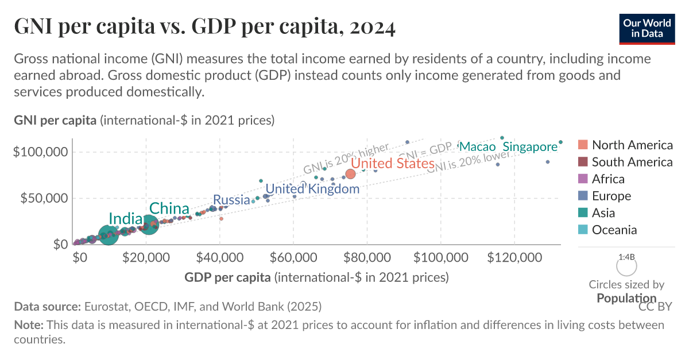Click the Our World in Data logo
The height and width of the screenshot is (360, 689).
click(x=647, y=28)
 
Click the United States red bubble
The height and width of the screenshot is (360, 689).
click(x=350, y=173)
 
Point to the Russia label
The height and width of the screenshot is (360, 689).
click(x=231, y=200)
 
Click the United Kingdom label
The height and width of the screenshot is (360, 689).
click(x=312, y=188)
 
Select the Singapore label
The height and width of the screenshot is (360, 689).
click(x=530, y=147)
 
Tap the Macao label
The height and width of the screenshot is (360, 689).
click(x=477, y=146)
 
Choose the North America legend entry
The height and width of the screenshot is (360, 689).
click(x=625, y=145)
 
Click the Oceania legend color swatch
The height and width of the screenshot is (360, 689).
click(x=583, y=230)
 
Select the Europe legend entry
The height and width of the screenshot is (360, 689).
click(x=611, y=196)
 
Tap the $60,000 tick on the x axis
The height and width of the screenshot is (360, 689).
click(x=293, y=257)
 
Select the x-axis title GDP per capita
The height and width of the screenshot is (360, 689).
click(x=227, y=277)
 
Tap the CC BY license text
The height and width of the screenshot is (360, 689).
click(x=655, y=307)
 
